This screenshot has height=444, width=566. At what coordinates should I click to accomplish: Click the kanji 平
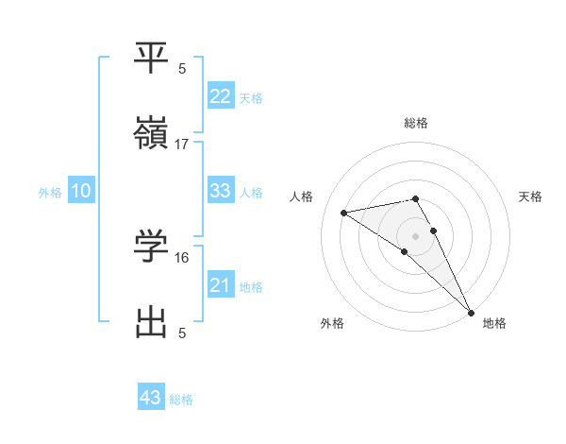151,58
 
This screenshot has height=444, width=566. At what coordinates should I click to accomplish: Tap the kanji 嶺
151,135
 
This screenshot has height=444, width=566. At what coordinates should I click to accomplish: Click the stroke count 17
182,145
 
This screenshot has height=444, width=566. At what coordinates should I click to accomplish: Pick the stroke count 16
182,257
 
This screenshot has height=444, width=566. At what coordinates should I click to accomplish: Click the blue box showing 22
220,96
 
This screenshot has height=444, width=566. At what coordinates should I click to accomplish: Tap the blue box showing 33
220,191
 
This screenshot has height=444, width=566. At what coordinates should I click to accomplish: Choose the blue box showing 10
81,191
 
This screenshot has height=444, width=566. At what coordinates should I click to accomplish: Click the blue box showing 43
151,398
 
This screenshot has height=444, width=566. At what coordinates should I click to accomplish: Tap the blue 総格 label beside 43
181,400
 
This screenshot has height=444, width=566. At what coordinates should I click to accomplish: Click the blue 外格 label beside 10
50,193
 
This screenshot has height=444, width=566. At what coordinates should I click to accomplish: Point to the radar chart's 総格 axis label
416,123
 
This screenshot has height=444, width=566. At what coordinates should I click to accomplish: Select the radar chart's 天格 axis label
531,196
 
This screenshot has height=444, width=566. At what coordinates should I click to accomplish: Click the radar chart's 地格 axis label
494,324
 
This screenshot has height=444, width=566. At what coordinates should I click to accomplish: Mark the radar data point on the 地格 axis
471,312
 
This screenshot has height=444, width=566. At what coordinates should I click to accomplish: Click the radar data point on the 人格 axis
344,213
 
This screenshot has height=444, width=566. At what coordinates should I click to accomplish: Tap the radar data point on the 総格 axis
416,198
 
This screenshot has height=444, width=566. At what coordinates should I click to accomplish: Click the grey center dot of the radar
416,235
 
